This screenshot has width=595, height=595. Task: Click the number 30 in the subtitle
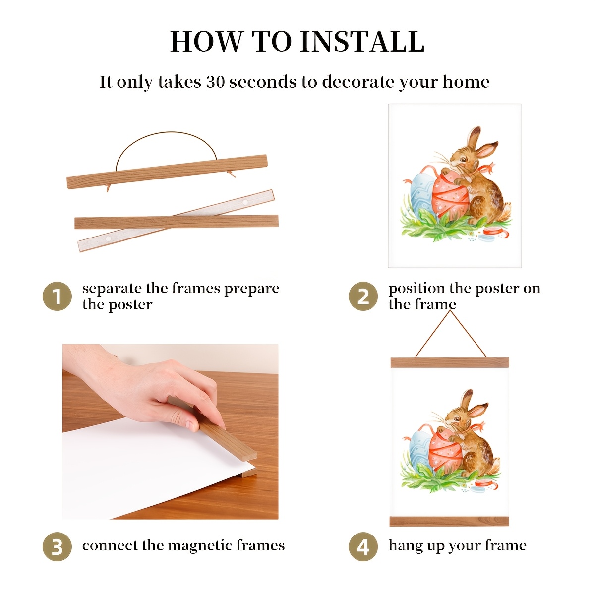pyautogui.click(x=216, y=82)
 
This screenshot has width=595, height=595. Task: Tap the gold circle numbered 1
pyautogui.click(x=57, y=296)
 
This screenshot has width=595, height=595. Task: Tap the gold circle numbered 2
pyautogui.click(x=363, y=296)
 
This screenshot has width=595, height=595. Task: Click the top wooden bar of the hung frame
pyautogui.click(x=450, y=362)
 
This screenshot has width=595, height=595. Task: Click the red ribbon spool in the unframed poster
pyautogui.click(x=491, y=232)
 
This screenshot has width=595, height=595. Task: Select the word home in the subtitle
pyautogui.click(x=466, y=82)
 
